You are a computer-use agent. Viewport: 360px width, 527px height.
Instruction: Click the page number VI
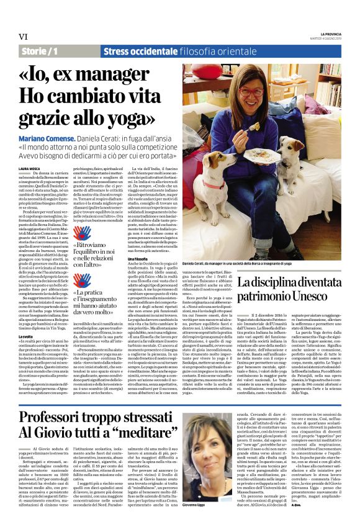tap(23, 37)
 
